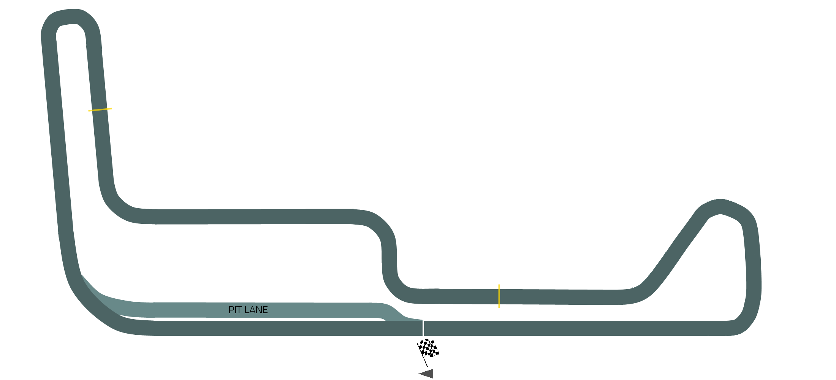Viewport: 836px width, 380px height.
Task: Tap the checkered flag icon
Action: [x=428, y=348]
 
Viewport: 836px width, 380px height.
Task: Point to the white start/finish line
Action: [x=423, y=328]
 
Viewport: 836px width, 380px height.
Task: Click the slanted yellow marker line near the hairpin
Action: [x=100, y=110]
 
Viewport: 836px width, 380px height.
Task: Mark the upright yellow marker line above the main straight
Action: [x=499, y=296]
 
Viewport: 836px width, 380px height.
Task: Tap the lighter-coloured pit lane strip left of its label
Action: [x=171, y=310]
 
